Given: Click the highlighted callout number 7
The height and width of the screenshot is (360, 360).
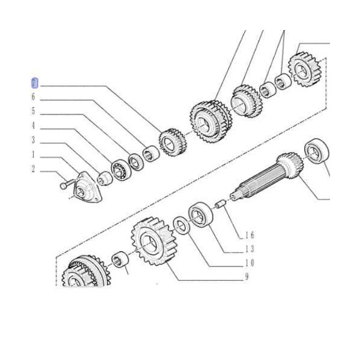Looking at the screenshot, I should pos(34,82).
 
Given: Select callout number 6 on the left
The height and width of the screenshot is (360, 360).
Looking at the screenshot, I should pos(34,97).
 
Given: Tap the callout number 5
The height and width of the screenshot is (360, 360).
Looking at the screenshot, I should pos(34,112).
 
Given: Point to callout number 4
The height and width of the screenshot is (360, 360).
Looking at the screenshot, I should pos(34,126).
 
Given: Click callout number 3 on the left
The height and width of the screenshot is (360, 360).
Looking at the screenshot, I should pos(34,140).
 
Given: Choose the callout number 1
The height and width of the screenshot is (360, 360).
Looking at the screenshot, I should pos(34,155).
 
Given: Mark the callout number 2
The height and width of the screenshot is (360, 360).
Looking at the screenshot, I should pos(34,169).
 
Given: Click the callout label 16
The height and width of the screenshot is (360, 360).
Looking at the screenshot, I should pos(249,235).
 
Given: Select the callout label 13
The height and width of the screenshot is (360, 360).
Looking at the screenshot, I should pos(249,248).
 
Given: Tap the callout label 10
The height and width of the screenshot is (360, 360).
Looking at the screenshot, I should pos(249,263).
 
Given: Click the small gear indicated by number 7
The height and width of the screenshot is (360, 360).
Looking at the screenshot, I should pos(171,142).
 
